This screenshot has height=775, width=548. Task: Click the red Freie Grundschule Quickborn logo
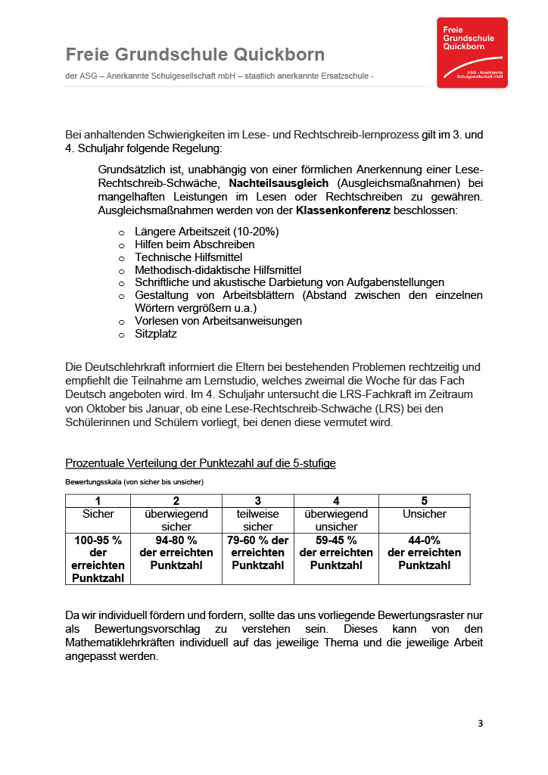[x=472, y=52]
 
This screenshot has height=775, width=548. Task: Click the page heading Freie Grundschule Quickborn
[x=195, y=54]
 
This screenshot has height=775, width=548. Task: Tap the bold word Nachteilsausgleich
[x=279, y=183]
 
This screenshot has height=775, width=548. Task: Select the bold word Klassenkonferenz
[x=343, y=210]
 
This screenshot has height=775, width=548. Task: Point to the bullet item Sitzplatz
[x=156, y=333]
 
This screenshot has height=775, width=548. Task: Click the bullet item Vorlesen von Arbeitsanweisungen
[x=218, y=321]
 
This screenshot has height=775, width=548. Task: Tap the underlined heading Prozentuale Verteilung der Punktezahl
[x=201, y=463]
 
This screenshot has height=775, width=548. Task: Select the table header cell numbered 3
[x=258, y=501]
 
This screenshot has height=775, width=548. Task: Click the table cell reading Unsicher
[x=424, y=514]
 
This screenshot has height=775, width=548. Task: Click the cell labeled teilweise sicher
[x=258, y=520]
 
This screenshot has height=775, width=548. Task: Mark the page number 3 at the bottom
[x=480, y=724]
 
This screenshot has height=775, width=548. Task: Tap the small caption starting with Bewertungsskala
[x=135, y=481]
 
